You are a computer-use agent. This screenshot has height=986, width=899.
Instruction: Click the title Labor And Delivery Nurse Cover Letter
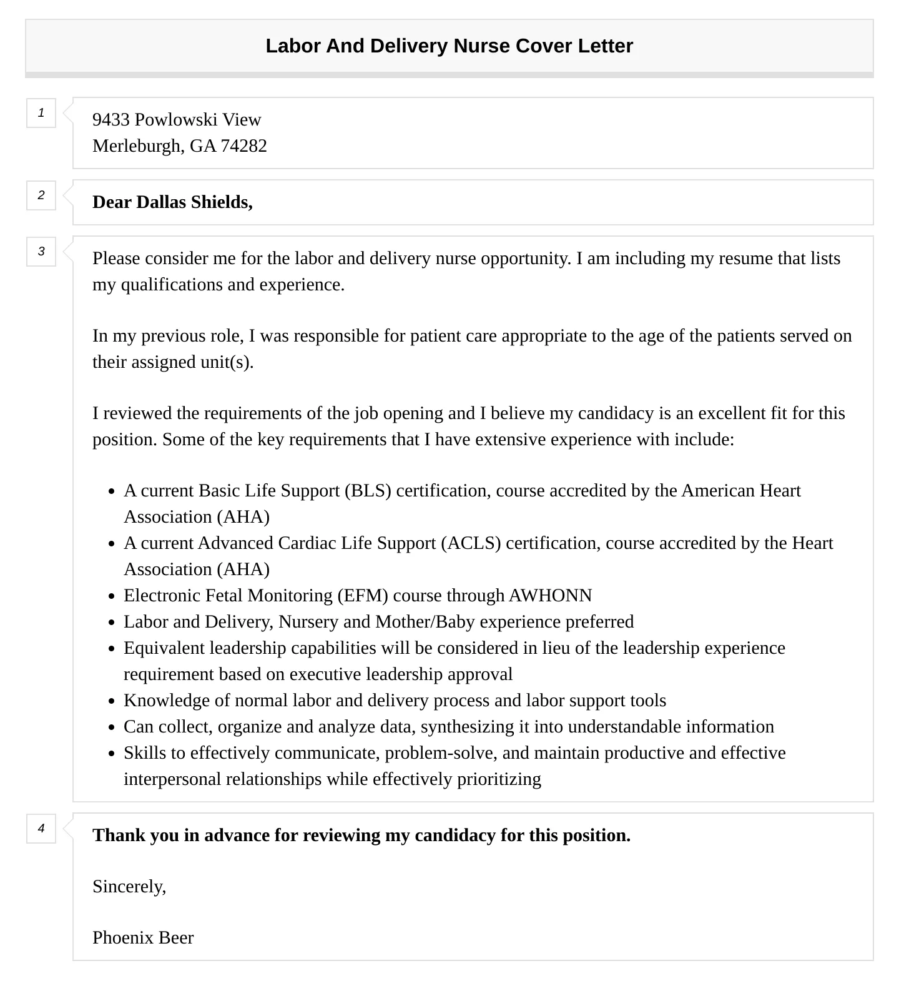click(x=449, y=46)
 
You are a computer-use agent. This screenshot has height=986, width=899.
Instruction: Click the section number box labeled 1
click(x=41, y=113)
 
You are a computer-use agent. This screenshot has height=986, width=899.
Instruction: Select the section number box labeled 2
click(x=41, y=195)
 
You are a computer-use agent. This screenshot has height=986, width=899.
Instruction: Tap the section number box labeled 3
click(x=41, y=252)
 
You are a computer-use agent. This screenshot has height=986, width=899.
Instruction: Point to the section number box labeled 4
click(x=41, y=829)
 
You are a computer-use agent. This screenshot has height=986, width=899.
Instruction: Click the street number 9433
click(x=111, y=119)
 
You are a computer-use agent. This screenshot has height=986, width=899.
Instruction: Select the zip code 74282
click(x=243, y=145)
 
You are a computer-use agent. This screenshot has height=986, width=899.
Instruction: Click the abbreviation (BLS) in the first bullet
click(x=368, y=491)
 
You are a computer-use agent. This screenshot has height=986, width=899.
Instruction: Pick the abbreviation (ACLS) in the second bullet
click(x=471, y=543)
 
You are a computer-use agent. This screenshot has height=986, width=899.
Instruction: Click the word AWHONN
click(x=550, y=596)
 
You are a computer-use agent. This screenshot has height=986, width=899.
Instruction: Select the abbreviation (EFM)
click(x=362, y=596)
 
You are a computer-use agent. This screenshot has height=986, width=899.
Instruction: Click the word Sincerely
click(x=129, y=887)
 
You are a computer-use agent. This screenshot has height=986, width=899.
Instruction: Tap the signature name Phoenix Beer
click(x=143, y=938)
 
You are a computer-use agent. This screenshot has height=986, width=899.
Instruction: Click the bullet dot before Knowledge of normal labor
click(x=111, y=702)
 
